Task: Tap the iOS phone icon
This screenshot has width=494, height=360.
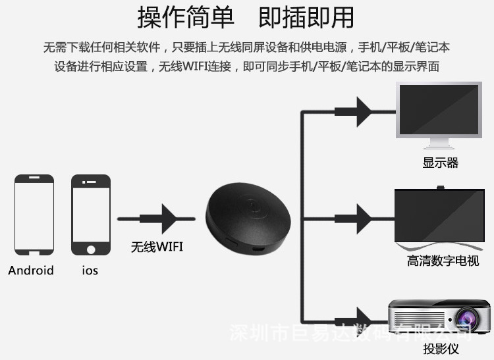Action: tap(90, 215)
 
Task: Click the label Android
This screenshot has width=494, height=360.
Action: tap(31, 270)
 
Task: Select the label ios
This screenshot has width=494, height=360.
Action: tap(90, 270)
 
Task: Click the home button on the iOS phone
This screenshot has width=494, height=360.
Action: tap(90, 249)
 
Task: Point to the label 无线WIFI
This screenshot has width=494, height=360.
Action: tap(157, 247)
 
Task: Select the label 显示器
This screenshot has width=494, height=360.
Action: tap(440, 163)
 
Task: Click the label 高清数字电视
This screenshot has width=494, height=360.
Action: tap(442, 261)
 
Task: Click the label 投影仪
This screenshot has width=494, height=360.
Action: tap(441, 348)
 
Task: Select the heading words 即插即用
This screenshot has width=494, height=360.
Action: tap(306, 18)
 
